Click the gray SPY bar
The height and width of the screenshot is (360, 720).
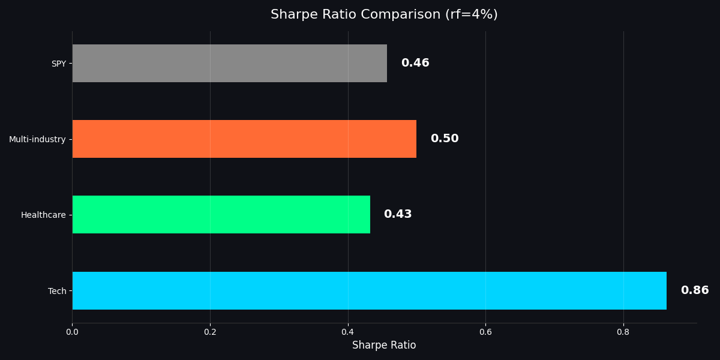tap(229, 63)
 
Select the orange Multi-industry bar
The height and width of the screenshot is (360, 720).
tap(244, 139)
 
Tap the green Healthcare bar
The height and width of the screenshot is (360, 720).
tap(221, 214)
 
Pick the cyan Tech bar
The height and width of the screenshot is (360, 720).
tap(369, 290)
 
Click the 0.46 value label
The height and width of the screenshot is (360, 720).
tap(415, 63)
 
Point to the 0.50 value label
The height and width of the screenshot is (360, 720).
tap(445, 139)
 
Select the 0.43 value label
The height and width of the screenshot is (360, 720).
tap(398, 214)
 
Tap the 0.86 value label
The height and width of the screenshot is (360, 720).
tap(695, 290)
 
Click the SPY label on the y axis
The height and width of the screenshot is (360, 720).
tap(58, 64)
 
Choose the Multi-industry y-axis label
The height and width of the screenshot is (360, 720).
tap(37, 139)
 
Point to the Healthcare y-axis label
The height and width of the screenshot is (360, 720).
tap(43, 215)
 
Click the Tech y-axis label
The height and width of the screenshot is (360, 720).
tap(57, 291)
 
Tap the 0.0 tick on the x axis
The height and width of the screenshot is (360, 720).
tap(72, 331)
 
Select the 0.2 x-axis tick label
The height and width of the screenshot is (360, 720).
tap(210, 331)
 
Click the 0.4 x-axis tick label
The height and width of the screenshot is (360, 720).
tap(348, 331)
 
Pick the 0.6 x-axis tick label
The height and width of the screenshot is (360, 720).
tap(485, 331)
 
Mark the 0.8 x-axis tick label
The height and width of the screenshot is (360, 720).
tap(623, 331)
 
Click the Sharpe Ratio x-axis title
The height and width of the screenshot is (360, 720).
tap(384, 345)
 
